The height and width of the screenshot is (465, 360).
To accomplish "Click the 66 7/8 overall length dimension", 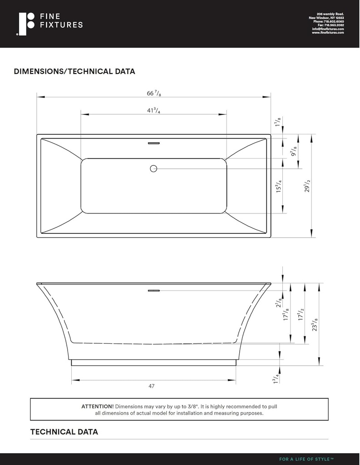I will coord(153,94).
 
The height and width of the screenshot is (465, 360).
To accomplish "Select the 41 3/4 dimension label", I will coord(153,111).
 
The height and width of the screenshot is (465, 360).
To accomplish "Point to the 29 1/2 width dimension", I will coord(307,186).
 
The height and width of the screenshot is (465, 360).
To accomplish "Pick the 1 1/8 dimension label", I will coord(278,122).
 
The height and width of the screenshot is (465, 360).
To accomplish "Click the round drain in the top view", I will coord(153,169).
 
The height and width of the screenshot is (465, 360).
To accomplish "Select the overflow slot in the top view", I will coord(153,143).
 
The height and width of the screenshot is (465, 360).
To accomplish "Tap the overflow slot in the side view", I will coord(153,289).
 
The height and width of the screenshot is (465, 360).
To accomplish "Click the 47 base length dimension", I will coord(152,386).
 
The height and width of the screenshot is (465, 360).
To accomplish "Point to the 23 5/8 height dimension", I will coord(315,325).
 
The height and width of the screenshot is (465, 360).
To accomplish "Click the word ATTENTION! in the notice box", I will coord(98,406).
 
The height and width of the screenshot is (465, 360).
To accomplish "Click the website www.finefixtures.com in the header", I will coord(328,33).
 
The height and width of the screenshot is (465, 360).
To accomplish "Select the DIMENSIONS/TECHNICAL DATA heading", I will coord(74,72).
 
